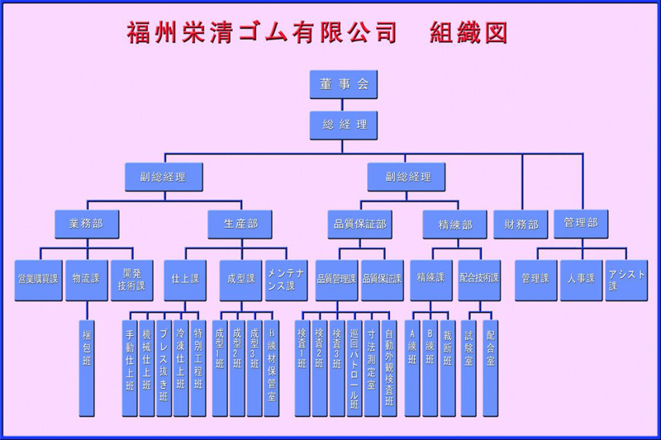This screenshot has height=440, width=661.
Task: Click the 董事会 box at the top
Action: (x=345, y=83)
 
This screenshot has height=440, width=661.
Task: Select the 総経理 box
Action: (x=345, y=125)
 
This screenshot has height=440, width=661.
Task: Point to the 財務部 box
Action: (x=521, y=224)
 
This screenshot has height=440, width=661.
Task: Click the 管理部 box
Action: (x=580, y=223)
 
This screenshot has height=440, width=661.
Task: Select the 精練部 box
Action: (x=455, y=224)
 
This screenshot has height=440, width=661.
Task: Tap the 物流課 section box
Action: (x=87, y=278)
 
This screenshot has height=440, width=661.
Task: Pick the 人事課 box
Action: (x=581, y=279)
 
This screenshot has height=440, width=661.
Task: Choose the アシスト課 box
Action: (x=627, y=279)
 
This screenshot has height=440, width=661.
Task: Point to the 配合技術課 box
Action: (x=480, y=279)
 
